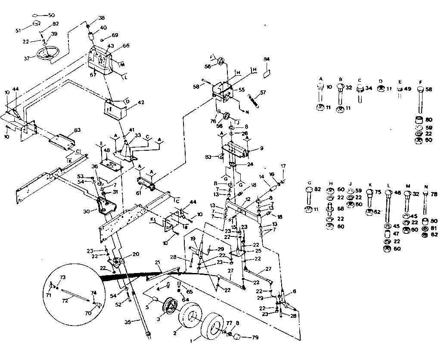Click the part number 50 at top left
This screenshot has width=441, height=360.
[x=51, y=15]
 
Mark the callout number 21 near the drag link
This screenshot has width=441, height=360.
[x=157, y=262]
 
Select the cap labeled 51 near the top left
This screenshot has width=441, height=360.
[x=35, y=22]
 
